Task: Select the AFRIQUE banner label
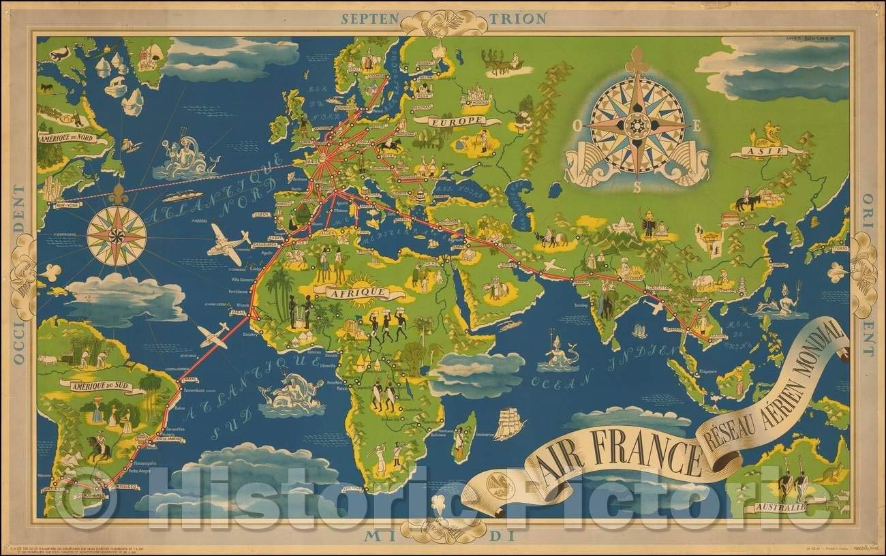pos(356,293)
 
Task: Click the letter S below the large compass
pos(637,189)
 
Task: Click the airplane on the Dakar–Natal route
pos(213,335)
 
